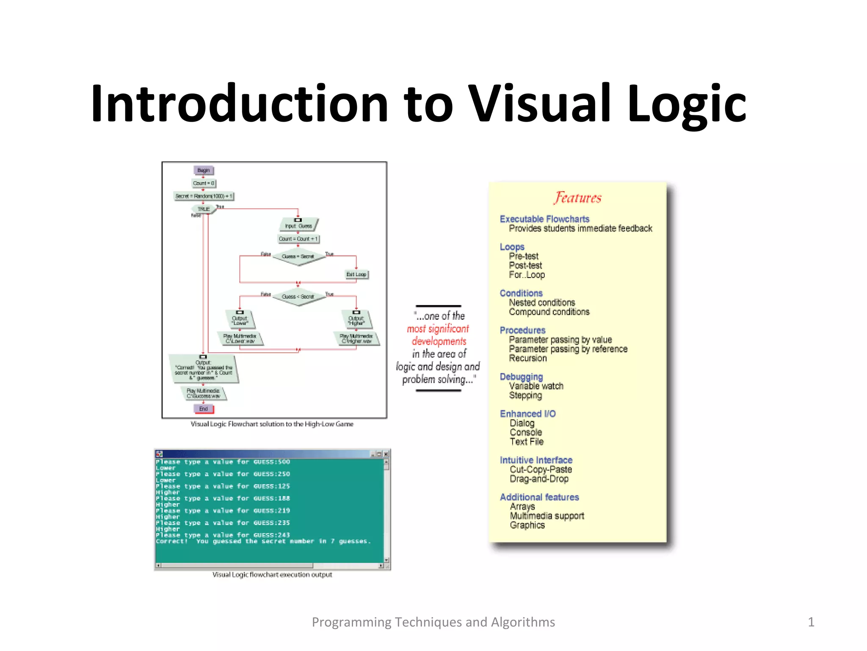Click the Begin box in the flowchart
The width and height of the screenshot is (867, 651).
[204, 170]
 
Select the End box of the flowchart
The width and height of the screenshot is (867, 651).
[204, 409]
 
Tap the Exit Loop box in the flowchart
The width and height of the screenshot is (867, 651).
[356, 275]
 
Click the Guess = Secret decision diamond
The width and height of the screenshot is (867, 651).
[298, 256]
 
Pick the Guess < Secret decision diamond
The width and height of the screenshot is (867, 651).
[298, 297]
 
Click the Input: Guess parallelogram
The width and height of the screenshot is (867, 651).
[298, 225]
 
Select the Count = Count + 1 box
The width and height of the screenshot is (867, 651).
[298, 239]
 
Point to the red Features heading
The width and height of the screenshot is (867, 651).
[577, 198]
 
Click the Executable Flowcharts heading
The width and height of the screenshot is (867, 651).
[544, 219]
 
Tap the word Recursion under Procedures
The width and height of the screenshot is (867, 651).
[528, 359]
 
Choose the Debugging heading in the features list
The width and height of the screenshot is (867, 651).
[521, 377]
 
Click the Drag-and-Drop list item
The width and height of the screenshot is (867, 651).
[539, 479]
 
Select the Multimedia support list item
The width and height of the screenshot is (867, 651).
[547, 516]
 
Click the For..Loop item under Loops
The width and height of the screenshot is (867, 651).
[527, 275]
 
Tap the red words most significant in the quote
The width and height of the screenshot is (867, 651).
[438, 329]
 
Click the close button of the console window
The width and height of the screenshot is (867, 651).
[386, 454]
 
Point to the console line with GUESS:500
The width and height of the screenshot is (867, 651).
[223, 462]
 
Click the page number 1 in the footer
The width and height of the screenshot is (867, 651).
[811, 622]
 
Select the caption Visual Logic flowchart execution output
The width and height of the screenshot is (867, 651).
[272, 575]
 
